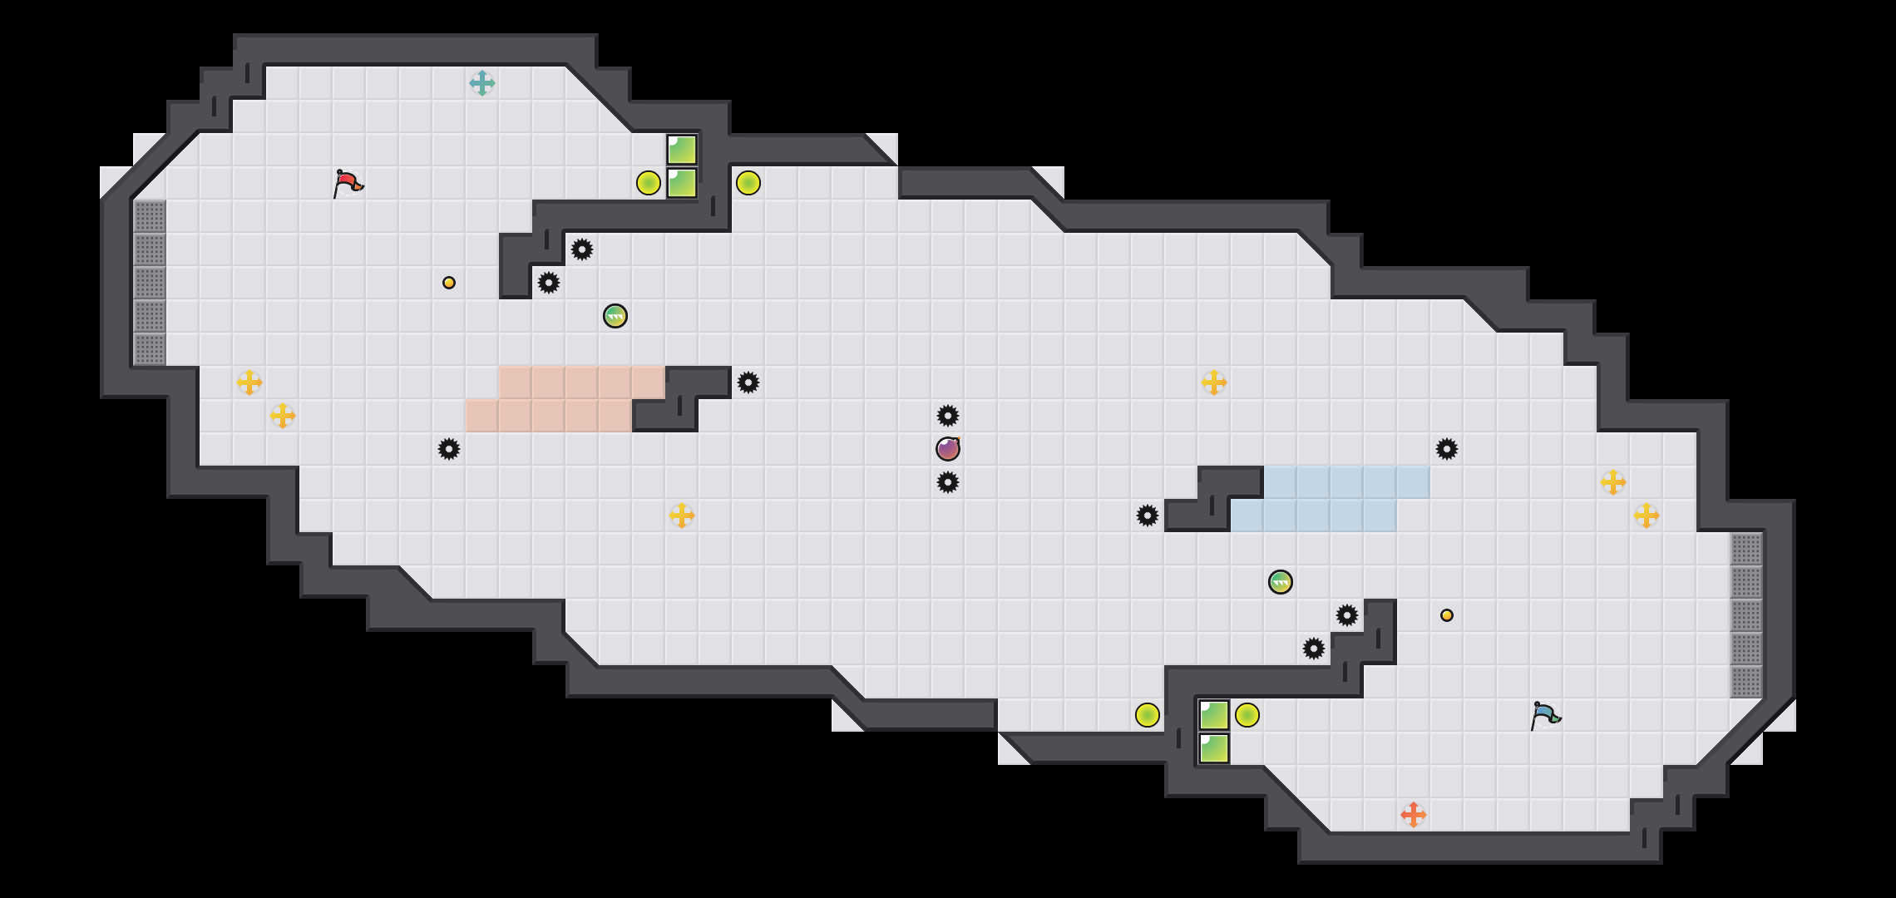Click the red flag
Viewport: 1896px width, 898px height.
coord(348,183)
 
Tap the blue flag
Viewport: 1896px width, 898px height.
coord(1545,715)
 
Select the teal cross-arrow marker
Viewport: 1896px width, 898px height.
coord(482,83)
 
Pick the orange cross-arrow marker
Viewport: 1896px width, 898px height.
coord(1414,815)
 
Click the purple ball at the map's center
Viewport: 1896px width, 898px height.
coord(948,449)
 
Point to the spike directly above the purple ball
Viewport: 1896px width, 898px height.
coord(948,416)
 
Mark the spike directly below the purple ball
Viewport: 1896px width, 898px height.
coord(948,482)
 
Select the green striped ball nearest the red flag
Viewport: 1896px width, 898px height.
coord(615,316)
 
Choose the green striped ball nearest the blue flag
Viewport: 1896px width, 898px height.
coord(1281,582)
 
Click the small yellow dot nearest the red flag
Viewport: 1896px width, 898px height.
coord(449,283)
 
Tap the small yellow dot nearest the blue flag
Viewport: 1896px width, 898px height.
coord(1447,615)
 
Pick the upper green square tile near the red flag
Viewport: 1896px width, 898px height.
coord(682,150)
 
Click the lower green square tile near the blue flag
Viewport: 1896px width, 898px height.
coord(1214,748)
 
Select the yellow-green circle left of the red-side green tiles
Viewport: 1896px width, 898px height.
coord(649,183)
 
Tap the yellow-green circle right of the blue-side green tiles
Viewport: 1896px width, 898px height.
coord(1247,715)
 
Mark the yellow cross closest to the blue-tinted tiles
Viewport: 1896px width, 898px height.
coord(1214,382)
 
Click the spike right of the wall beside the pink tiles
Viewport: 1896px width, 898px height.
coord(748,382)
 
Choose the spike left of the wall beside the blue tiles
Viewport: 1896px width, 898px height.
coord(1148,516)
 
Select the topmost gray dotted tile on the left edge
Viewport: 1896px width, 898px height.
coord(150,216)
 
